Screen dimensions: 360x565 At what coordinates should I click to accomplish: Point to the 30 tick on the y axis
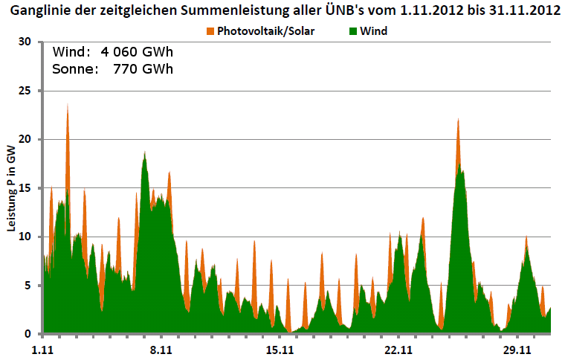tap(26, 42)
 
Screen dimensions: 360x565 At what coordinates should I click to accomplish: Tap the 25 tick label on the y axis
tap(26, 91)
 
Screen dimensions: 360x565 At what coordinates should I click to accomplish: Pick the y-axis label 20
tap(26, 140)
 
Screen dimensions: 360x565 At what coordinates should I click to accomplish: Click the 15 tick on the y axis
tap(26, 188)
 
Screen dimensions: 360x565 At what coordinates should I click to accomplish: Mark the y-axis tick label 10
tap(26, 237)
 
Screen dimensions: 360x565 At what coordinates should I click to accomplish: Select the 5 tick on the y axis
tap(29, 286)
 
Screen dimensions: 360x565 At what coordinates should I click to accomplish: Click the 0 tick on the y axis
tap(29, 334)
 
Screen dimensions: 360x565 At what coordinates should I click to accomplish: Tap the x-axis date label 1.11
tap(45, 349)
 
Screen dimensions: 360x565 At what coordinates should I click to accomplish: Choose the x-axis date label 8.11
tap(161, 349)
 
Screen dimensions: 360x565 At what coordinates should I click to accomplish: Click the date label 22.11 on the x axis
tap(398, 349)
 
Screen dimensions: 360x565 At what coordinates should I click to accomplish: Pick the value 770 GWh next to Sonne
tap(143, 70)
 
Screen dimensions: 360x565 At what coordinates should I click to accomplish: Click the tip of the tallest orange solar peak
tap(68, 104)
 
